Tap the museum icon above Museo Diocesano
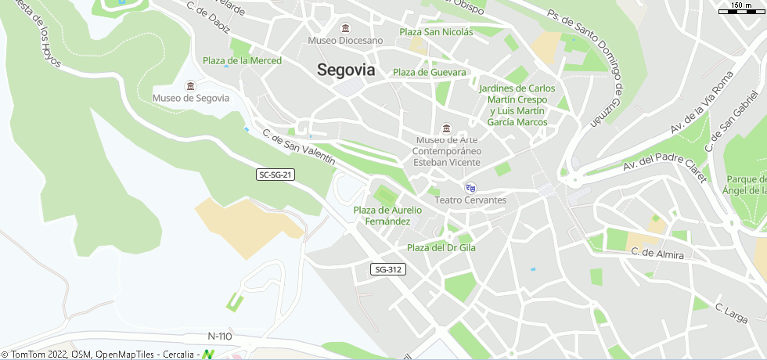point(345,29)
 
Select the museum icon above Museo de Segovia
point(190,85)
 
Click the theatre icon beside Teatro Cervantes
point(470,188)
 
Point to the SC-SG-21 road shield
point(275,175)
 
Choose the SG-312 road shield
point(388,269)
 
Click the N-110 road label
point(220,337)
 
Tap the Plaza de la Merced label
point(242,60)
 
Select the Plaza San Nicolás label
point(436,32)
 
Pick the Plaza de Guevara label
point(429,72)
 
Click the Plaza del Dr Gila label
point(441,247)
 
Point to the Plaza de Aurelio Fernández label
point(387,215)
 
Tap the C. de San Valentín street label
point(299,146)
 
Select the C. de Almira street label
point(657,254)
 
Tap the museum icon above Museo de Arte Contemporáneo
point(446,129)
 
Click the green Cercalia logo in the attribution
point(207,355)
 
